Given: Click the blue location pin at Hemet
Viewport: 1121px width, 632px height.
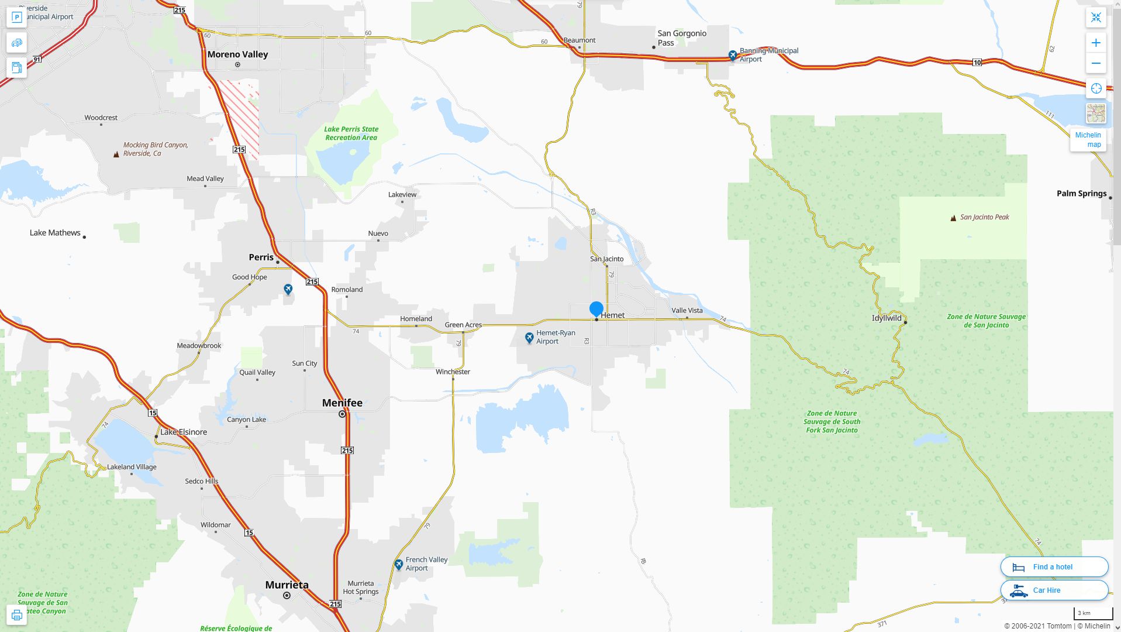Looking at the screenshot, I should click(x=596, y=308).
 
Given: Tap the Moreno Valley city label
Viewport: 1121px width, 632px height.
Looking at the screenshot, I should click(x=237, y=54).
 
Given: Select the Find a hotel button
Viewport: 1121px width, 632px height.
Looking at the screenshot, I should click(x=1054, y=566).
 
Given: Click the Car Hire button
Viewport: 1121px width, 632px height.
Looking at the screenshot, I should click(x=1054, y=590).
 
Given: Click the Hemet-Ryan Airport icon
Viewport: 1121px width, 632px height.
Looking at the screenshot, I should click(x=529, y=338).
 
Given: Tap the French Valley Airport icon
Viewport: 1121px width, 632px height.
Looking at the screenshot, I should click(x=398, y=564).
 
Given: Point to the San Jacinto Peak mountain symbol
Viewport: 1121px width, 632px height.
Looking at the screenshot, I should click(x=953, y=218).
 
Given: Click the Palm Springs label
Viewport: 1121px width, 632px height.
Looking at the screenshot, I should click(x=1081, y=194).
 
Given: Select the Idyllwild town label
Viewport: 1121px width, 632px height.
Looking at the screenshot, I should click(x=887, y=318).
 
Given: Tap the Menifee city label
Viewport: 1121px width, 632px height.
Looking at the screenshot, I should click(x=342, y=403).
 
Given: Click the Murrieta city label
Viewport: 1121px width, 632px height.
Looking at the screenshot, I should click(x=287, y=585).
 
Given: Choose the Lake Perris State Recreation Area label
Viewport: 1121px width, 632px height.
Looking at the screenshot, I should click(x=351, y=133).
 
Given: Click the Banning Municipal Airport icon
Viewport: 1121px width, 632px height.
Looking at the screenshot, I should click(x=733, y=55).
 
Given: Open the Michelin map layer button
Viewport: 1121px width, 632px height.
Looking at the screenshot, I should click(x=1088, y=139).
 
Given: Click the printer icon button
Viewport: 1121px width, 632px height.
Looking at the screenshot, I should click(x=16, y=615).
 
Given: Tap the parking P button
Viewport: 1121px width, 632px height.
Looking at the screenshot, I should click(x=16, y=18).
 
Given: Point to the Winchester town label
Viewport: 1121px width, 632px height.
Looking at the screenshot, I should click(x=453, y=372).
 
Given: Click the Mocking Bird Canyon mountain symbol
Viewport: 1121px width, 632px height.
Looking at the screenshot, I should click(x=116, y=154).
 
